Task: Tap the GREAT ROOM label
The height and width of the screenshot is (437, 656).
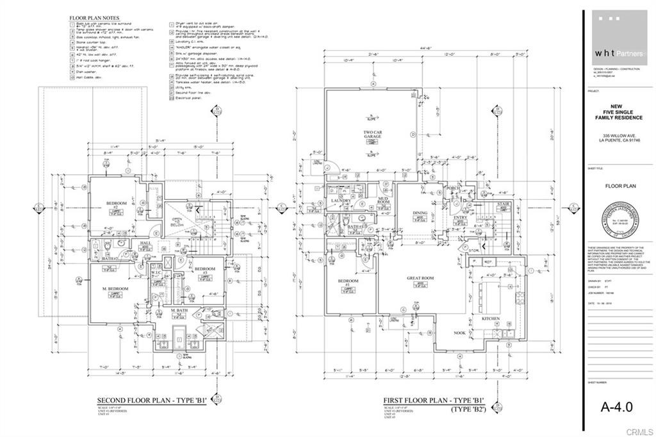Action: click(420, 277)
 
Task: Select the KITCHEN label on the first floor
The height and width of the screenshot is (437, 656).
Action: click(491, 318)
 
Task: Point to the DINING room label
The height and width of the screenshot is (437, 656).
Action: click(420, 213)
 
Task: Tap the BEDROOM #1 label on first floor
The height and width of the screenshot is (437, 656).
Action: click(349, 283)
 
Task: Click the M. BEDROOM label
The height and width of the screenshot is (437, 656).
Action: click(115, 289)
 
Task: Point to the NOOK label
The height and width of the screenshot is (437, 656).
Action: click(460, 333)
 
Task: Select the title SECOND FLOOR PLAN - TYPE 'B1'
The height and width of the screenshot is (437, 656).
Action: click(151, 399)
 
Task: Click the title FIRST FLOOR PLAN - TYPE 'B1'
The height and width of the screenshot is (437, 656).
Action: click(434, 400)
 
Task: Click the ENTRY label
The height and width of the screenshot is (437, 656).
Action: click(461, 218)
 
